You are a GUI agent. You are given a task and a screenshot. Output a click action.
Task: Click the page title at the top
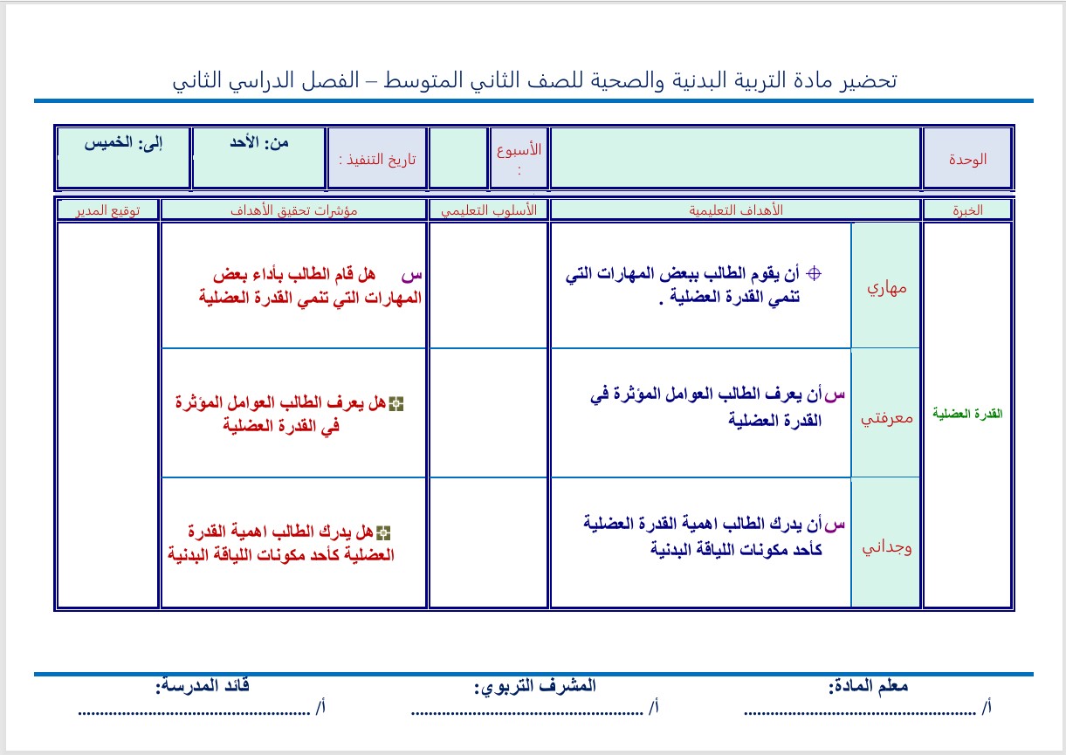tap(534, 81)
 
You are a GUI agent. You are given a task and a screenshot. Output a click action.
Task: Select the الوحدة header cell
tap(967, 159)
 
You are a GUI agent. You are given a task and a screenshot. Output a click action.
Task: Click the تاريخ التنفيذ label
tap(377, 159)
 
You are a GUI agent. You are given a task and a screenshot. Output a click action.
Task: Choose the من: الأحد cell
tap(259, 142)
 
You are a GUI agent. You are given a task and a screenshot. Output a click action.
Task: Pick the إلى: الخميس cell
tap(123, 142)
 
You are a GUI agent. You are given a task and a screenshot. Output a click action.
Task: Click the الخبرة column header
tap(967, 210)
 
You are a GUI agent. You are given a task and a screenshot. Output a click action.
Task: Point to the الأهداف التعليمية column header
tap(735, 210)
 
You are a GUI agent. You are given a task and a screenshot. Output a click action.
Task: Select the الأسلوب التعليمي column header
tap(488, 210)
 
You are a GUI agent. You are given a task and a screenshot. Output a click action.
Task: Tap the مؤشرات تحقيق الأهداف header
tap(294, 210)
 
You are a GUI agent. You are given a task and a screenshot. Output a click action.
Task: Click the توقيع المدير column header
tap(108, 210)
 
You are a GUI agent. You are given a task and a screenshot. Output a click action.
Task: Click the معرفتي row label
tap(885, 416)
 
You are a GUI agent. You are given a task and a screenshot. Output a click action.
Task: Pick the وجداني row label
tap(885, 547)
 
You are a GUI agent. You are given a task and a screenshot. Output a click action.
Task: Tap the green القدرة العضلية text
tap(967, 414)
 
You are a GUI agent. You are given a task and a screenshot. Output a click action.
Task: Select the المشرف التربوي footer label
tap(534, 686)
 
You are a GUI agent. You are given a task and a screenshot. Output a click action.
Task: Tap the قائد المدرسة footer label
tap(203, 686)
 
